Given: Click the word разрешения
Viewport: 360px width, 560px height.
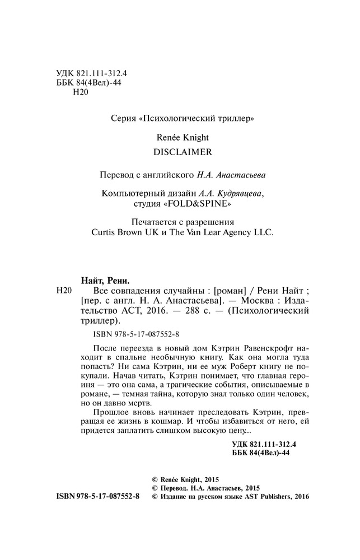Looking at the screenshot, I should click(208, 221).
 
